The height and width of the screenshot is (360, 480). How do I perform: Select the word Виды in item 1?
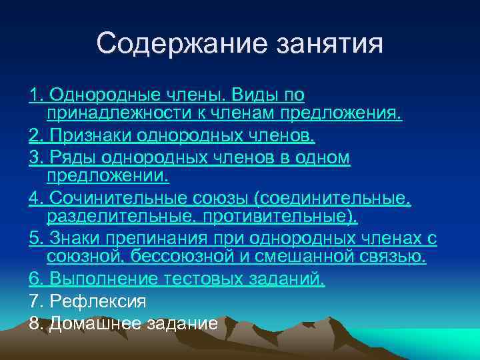coord(243,95)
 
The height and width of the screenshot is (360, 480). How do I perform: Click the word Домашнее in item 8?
coord(97,323)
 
